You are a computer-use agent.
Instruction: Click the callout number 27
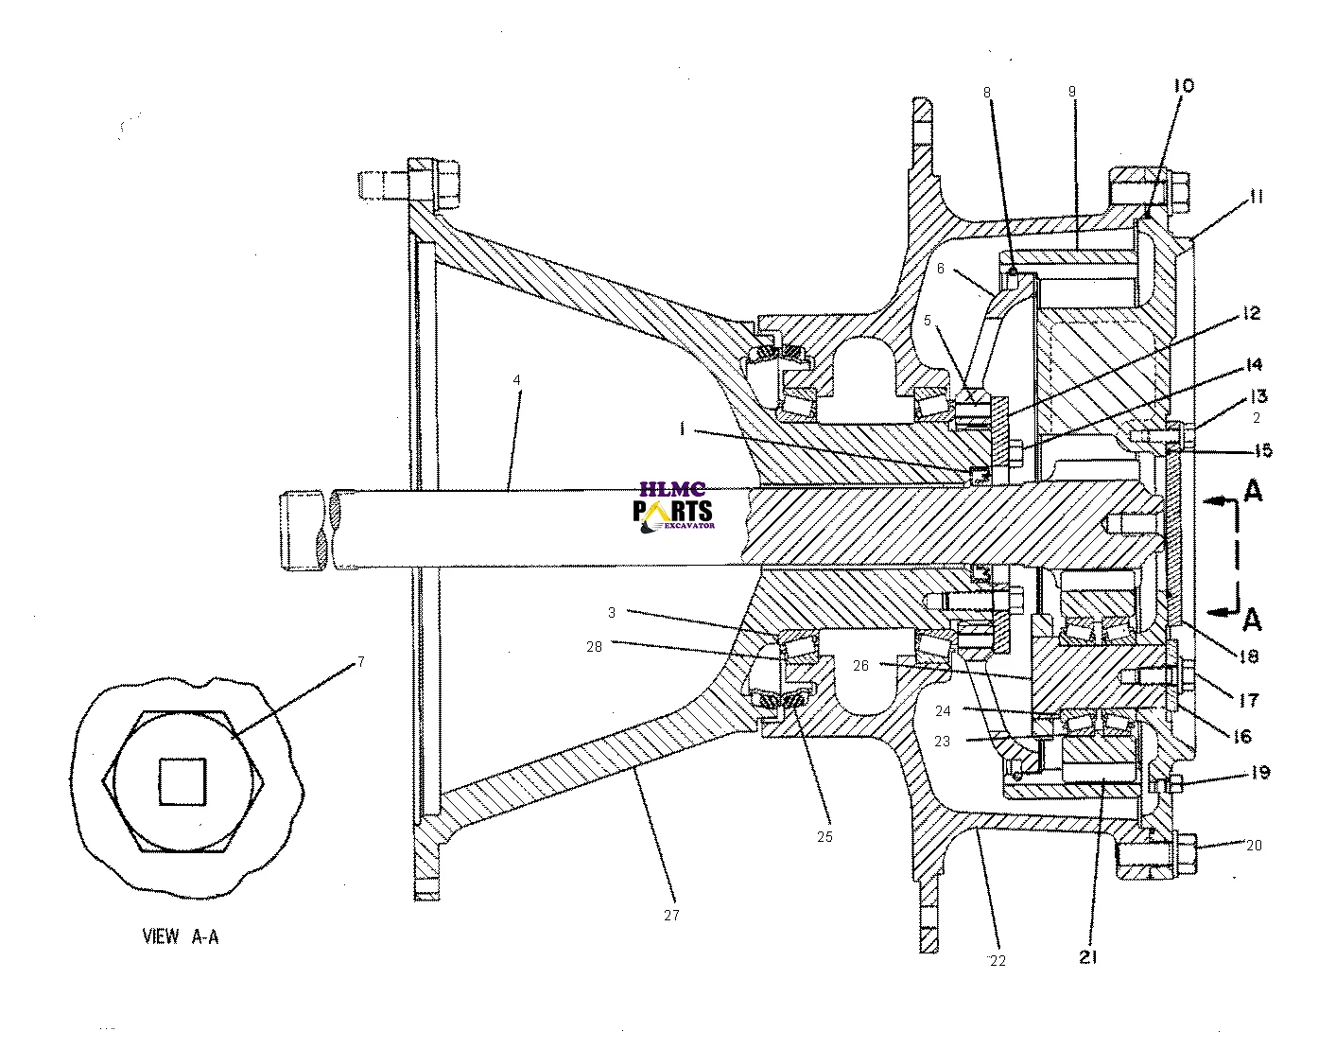tap(671, 916)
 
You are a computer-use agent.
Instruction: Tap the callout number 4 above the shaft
tap(517, 380)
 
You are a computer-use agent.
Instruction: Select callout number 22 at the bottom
tap(998, 961)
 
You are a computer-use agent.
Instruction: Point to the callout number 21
tap(1087, 958)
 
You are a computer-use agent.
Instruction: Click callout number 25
tap(824, 837)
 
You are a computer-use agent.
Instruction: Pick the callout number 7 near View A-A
tap(360, 662)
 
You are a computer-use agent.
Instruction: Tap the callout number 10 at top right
tap(1184, 86)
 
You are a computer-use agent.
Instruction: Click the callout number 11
tap(1256, 197)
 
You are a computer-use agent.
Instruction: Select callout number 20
tap(1254, 846)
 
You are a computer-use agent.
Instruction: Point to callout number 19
tap(1259, 773)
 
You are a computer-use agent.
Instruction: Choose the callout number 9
tap(1072, 92)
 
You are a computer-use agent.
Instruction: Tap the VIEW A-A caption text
tap(180, 937)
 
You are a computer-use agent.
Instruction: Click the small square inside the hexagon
tap(182, 782)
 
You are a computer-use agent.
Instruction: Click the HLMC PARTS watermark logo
tap(673, 506)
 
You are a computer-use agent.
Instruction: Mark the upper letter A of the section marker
tap(1253, 490)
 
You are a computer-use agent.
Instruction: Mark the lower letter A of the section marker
tap(1253, 620)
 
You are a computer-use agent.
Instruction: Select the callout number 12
tap(1252, 313)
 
